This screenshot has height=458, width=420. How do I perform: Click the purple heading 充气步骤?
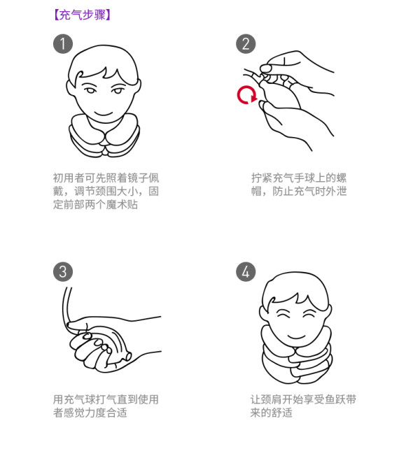pos(83,15)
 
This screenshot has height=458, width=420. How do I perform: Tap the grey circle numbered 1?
pos(63,44)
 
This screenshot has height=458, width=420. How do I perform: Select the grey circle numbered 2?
pos(246,44)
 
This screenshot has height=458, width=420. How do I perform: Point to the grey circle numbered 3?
pos(63,271)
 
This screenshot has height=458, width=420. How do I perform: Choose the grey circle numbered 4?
pos(246,271)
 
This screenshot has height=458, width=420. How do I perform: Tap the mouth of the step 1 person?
pos(104,113)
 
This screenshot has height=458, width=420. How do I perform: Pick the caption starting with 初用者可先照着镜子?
pos(106,192)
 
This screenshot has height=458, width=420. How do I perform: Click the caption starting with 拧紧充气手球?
pos(299,185)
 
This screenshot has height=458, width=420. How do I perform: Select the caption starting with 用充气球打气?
pos(106,406)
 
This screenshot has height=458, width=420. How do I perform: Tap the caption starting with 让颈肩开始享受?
pos(303,406)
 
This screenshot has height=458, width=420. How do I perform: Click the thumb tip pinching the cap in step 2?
pos(265,69)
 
